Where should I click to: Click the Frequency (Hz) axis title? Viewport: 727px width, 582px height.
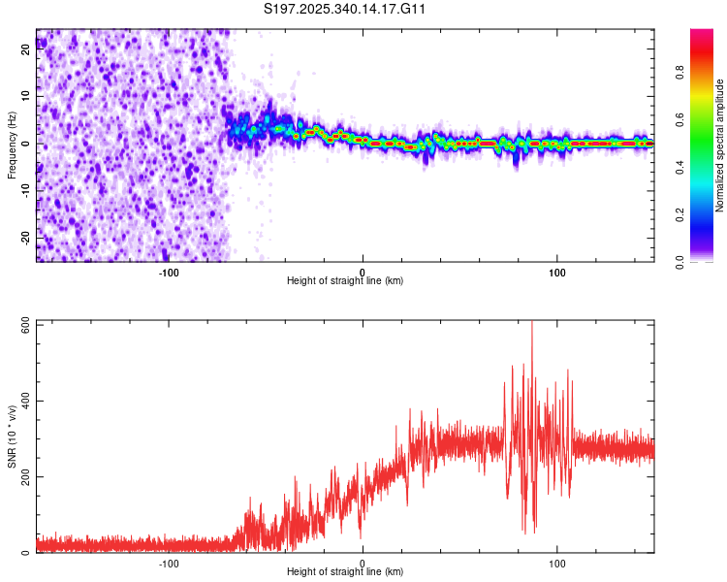13,145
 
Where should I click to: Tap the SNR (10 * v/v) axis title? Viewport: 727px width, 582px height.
13,436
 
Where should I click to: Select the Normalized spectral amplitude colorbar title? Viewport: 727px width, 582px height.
719,145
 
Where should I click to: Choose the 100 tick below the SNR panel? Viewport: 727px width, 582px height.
557,563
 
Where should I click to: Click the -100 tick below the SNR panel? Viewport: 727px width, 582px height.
169,563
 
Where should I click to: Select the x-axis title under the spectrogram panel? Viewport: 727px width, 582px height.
346,281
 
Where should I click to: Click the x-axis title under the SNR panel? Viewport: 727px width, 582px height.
346,573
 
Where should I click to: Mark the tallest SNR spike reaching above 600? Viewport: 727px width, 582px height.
532,326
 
